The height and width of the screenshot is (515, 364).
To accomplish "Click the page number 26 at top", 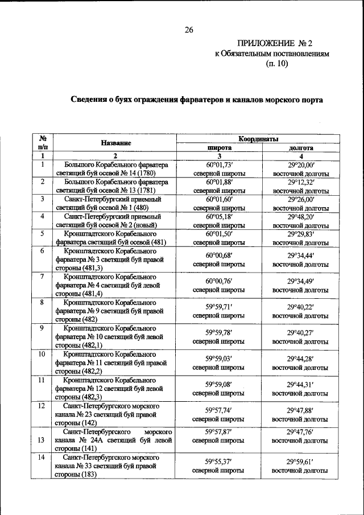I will [x=189, y=30].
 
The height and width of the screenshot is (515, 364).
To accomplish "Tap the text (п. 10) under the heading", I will [x=278, y=64].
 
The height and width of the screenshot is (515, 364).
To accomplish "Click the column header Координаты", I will [x=258, y=138].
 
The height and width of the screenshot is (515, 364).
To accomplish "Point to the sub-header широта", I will [x=218, y=147].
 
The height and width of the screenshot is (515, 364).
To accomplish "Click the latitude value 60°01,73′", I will [x=219, y=164].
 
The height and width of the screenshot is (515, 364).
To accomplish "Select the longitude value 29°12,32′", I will [x=300, y=182].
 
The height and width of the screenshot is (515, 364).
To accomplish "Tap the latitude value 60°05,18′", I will [x=219, y=216].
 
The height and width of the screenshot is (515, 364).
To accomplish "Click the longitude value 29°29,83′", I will [x=300, y=234].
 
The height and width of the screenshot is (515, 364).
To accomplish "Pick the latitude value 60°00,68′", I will [x=219, y=255].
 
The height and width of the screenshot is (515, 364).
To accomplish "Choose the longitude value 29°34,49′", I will [x=300, y=281].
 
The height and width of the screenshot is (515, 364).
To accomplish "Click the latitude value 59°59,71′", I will [x=219, y=306].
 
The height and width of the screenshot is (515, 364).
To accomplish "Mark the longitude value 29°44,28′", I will [x=300, y=358].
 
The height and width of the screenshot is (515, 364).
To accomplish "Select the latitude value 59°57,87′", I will [x=219, y=431].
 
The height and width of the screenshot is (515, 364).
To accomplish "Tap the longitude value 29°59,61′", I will [x=300, y=462].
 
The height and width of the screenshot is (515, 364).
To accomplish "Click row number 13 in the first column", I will [x=42, y=440].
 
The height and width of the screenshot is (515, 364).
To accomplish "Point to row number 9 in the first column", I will [x=42, y=328].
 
